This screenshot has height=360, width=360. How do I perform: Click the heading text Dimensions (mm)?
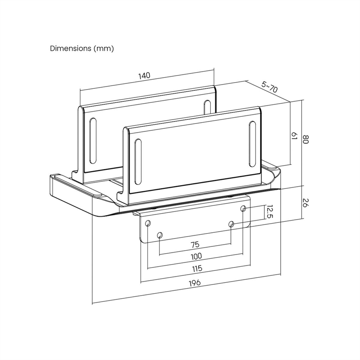82,49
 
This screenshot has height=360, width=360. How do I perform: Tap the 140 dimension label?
144,76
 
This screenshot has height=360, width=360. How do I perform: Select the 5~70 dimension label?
269,87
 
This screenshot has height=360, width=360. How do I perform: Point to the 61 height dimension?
294,136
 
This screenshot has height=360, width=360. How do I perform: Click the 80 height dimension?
305,139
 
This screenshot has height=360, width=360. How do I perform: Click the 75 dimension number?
195,245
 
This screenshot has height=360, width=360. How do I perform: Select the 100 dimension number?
196,256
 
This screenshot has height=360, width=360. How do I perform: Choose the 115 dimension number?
197,268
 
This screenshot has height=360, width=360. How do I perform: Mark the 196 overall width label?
195,283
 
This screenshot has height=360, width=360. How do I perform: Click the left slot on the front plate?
138,162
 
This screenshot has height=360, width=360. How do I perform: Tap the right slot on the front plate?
252,144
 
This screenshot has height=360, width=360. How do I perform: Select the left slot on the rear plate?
93,141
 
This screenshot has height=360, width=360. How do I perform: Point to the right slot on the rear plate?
207,107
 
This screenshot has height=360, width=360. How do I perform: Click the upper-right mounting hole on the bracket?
243,208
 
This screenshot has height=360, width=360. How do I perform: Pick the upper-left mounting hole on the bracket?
148,223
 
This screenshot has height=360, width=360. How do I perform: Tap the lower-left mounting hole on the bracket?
160,235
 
